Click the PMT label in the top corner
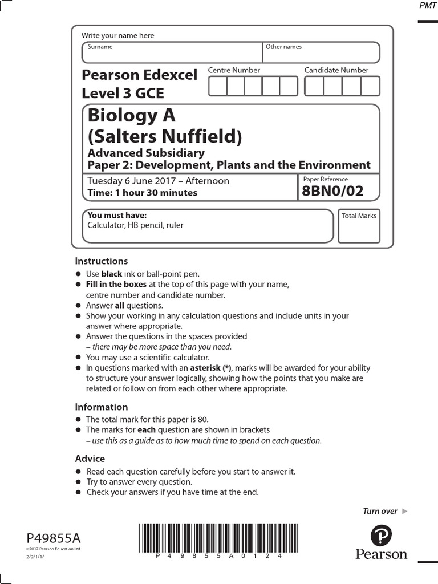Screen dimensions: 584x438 427,5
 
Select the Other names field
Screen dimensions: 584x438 321,55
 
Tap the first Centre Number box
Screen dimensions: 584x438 218,86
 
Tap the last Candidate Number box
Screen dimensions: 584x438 371,86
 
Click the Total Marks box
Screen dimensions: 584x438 359,230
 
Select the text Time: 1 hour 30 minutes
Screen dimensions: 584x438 142,193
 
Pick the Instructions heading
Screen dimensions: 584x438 102,261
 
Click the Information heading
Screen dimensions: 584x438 102,407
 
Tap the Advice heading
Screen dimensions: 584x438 90,459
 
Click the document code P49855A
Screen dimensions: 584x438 54,538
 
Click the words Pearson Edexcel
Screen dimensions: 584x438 139,75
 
